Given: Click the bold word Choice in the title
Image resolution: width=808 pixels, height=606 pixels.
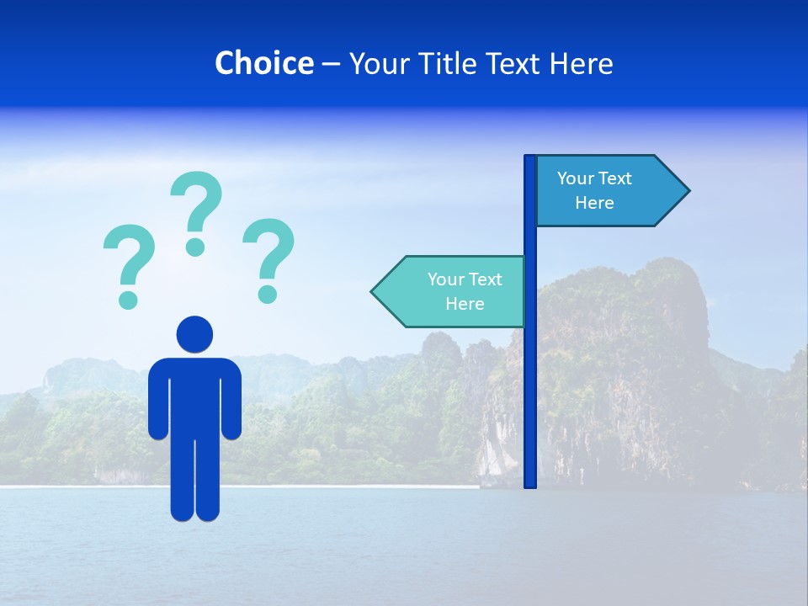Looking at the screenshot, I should click(x=263, y=63).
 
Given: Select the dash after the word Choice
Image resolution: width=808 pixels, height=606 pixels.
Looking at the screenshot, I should click(x=331, y=65).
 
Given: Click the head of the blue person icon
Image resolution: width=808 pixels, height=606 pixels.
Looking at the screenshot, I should click(x=194, y=334).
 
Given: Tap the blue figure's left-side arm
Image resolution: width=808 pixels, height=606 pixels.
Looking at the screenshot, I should click(x=157, y=400).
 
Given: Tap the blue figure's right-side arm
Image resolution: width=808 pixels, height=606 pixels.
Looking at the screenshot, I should click(x=231, y=400).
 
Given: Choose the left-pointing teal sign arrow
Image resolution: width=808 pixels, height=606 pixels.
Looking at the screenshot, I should click(x=450, y=291).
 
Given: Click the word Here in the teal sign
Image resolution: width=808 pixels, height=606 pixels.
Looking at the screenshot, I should click(x=465, y=304).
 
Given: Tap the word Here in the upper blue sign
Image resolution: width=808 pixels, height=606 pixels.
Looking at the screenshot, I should click(x=594, y=203).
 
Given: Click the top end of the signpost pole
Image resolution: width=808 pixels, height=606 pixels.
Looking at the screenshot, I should click(x=530, y=158).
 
